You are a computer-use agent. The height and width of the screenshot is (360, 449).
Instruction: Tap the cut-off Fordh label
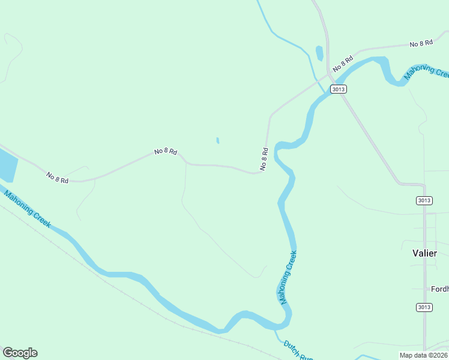[439, 289]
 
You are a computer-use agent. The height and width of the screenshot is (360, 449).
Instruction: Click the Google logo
[20, 353]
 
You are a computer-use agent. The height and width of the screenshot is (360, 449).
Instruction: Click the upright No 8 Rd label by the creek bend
[264, 160]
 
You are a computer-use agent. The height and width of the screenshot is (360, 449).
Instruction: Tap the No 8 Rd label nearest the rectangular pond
[58, 178]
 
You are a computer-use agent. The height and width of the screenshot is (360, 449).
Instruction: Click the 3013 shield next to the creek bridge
[338, 89]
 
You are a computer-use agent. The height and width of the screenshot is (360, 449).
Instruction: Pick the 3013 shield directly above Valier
[424, 200]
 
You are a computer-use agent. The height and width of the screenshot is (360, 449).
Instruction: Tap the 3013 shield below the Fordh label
[424, 307]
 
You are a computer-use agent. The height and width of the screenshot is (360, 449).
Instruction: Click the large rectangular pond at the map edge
[6, 165]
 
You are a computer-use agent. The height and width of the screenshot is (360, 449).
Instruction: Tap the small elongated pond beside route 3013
[319, 53]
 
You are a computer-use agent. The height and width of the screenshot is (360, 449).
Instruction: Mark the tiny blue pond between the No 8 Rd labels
[217, 141]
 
